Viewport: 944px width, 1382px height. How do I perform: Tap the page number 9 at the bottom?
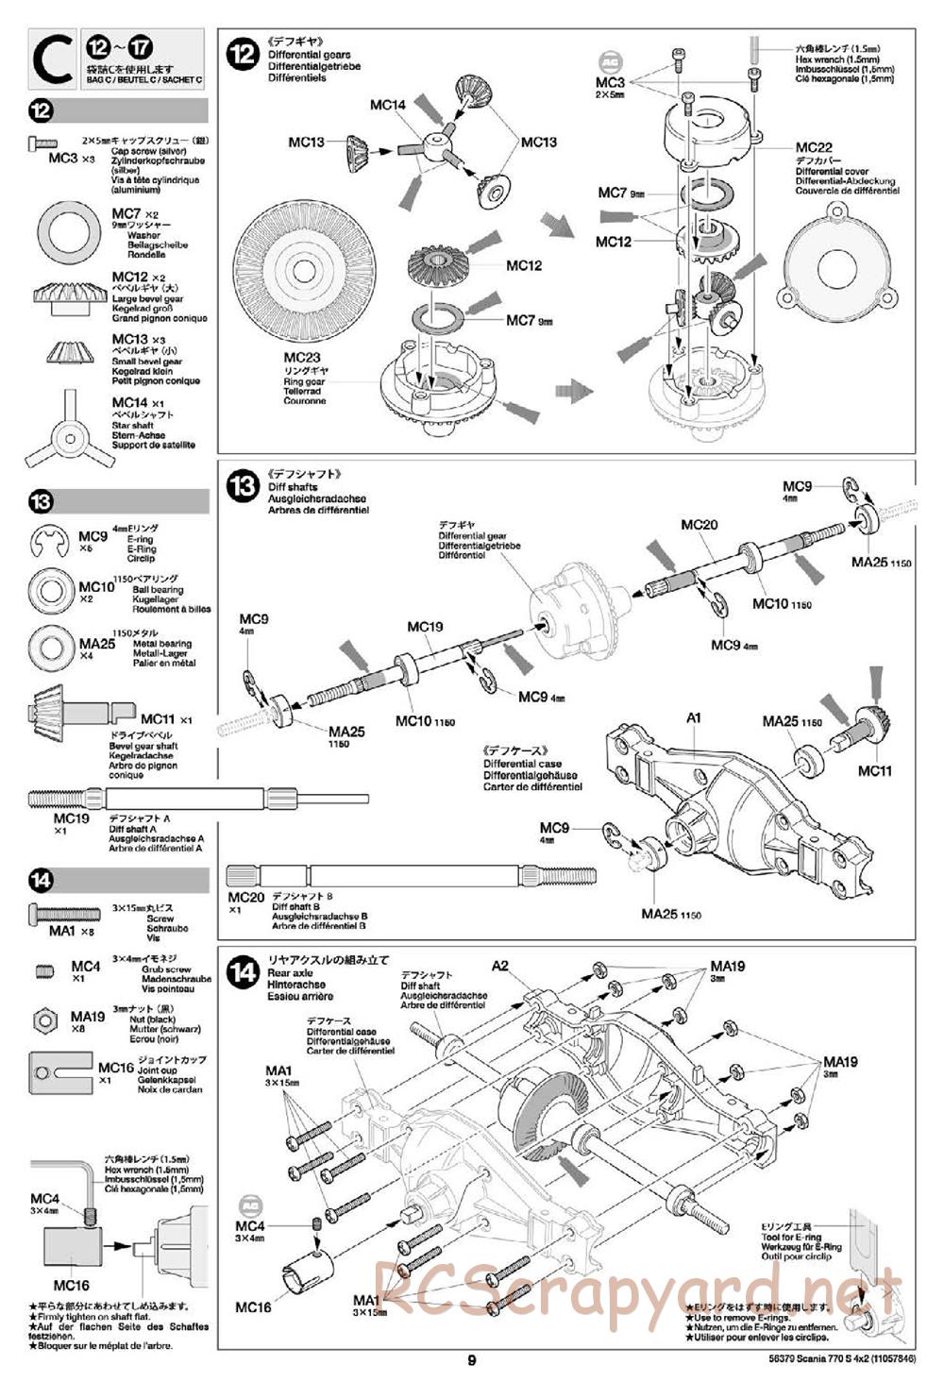click(x=471, y=1360)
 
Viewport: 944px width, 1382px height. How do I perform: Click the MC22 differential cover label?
click(x=813, y=147)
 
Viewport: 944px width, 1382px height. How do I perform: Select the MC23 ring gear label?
click(x=302, y=358)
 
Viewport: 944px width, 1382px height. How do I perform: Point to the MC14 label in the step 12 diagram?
click(x=387, y=105)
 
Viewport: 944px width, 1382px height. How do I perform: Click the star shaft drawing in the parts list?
click(x=68, y=434)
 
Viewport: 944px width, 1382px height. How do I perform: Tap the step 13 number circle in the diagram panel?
click(x=243, y=486)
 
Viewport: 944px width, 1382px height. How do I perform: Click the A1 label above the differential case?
click(x=694, y=718)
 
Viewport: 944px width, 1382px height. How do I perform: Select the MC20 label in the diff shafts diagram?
click(x=700, y=525)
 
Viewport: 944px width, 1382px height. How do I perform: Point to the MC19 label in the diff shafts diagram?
click(x=425, y=626)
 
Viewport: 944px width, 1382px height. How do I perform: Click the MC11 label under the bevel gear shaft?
click(x=874, y=771)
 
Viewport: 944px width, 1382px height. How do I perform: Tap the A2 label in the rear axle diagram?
click(x=500, y=965)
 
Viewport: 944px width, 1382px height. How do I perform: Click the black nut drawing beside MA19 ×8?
click(x=44, y=1020)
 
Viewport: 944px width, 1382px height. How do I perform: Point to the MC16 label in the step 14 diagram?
click(x=253, y=1307)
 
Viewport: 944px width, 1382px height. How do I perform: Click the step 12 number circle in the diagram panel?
click(x=243, y=53)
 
